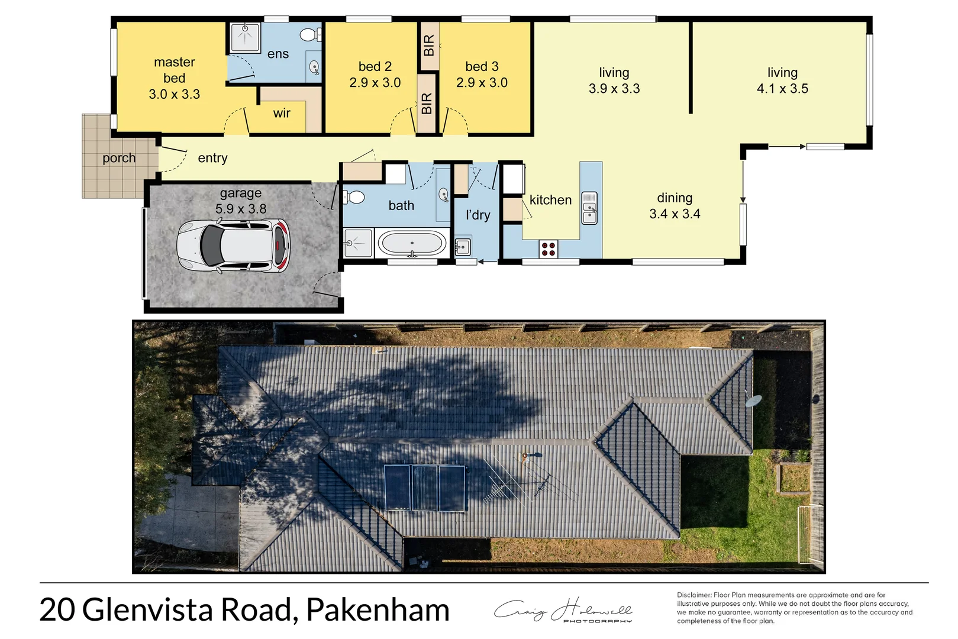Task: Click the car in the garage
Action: point(234,246)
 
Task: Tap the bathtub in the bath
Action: point(412,243)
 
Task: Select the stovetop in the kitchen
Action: point(549,248)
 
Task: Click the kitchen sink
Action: point(589,208)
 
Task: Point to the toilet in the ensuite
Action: point(308,35)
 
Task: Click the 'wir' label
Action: point(282,113)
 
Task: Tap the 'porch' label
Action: point(119,158)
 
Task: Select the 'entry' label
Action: point(212,158)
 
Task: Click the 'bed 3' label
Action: point(482,67)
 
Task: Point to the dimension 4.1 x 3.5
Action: point(782,89)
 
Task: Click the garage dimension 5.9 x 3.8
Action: point(241,209)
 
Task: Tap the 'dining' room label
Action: point(675,198)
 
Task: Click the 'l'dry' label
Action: point(478,215)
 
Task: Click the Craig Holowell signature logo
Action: point(563,611)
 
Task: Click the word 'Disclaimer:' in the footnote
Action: point(694,595)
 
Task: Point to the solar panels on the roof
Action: point(424,488)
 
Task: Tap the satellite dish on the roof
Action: point(753,401)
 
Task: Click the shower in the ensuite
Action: point(244,37)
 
